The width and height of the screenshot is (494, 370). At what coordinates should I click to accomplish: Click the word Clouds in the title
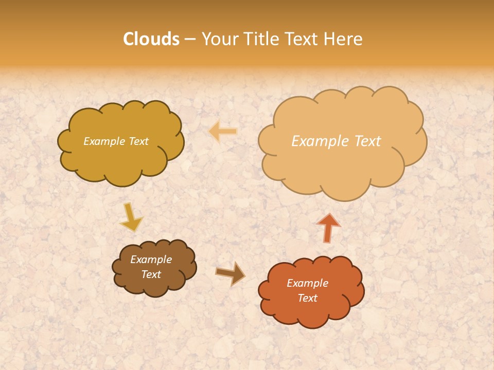(151, 39)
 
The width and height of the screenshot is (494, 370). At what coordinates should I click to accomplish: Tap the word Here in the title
(344, 39)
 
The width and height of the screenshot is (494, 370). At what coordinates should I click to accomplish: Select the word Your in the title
(220, 39)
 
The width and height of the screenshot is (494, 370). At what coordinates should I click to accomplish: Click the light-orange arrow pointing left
(223, 132)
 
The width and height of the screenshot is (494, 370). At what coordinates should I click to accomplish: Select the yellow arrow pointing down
(130, 217)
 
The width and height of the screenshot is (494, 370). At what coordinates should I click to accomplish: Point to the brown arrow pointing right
(230, 273)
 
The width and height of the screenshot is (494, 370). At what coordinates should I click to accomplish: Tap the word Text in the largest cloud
(364, 141)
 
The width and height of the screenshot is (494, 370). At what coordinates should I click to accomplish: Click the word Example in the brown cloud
(151, 260)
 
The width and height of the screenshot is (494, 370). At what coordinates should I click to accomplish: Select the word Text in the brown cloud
(151, 274)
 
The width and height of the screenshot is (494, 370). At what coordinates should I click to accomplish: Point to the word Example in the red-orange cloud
(307, 283)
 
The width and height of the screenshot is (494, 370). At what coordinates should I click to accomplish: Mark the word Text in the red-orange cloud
(307, 298)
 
